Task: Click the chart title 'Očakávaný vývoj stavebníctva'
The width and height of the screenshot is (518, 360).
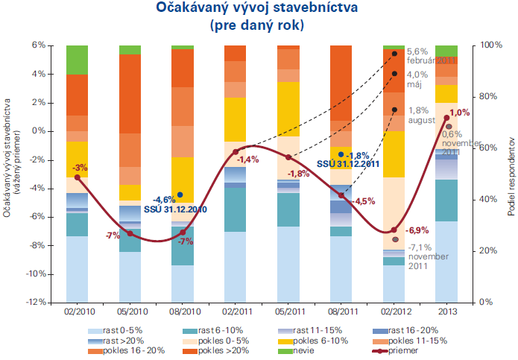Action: (258, 9)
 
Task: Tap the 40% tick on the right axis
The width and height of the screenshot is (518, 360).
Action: (484, 200)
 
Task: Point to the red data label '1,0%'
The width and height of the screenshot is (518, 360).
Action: (460, 113)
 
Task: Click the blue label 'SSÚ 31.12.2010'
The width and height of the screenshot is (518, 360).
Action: (175, 209)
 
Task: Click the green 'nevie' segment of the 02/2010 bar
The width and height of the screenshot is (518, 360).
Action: (77, 60)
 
